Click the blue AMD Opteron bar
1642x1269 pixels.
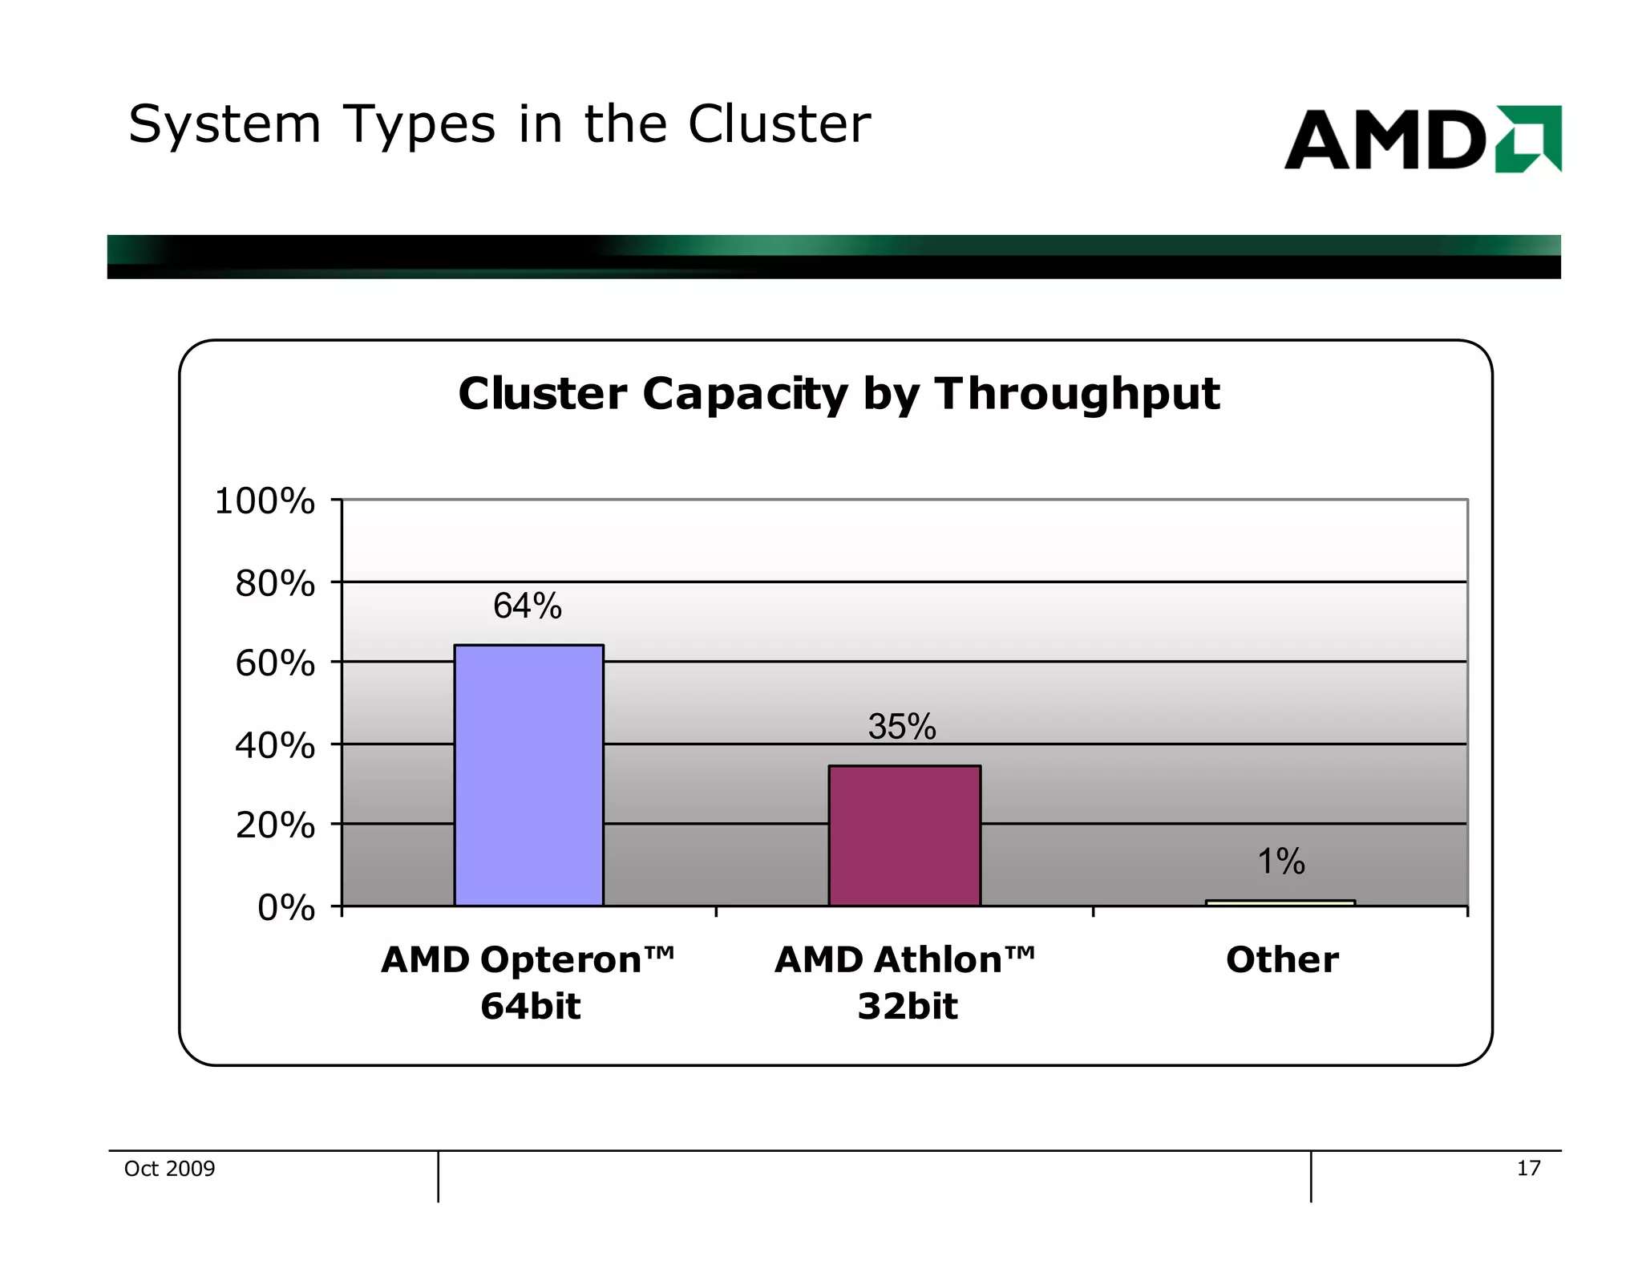(x=528, y=775)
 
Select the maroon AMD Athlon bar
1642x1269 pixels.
(x=904, y=835)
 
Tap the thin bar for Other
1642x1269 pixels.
(x=1280, y=902)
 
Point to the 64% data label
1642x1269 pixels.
(x=527, y=606)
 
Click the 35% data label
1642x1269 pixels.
(x=902, y=727)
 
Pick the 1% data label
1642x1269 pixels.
(x=1280, y=862)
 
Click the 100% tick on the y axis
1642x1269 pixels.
(x=265, y=501)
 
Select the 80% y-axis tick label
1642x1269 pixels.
(x=274, y=583)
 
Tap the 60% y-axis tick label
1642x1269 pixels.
(x=274, y=663)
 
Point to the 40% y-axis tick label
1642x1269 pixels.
(x=274, y=745)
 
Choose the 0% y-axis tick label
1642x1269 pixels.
(x=285, y=907)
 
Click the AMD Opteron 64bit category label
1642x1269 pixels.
(x=528, y=982)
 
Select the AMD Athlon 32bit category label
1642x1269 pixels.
(x=905, y=982)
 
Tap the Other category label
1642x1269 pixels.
(x=1282, y=959)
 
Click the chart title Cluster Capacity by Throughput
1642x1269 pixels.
(x=839, y=394)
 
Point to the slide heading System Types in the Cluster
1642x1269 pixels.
(x=499, y=124)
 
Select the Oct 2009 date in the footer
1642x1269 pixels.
(x=169, y=1168)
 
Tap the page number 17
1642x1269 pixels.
(x=1528, y=1168)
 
